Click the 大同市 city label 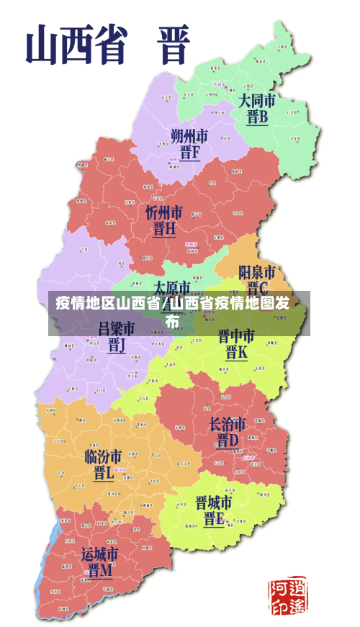(x=257, y=99)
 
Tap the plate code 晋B (x=257, y=117)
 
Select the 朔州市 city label (x=189, y=135)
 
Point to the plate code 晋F (x=189, y=153)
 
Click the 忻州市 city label (x=164, y=213)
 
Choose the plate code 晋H (x=164, y=230)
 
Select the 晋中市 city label (x=236, y=336)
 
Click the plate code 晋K (x=236, y=353)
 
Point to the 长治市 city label (x=228, y=423)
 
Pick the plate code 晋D (x=228, y=440)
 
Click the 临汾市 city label (x=103, y=456)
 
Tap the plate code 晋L (x=103, y=474)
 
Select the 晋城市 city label (x=214, y=502)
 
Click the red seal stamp (x=287, y=595)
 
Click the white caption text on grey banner (x=173, y=312)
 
